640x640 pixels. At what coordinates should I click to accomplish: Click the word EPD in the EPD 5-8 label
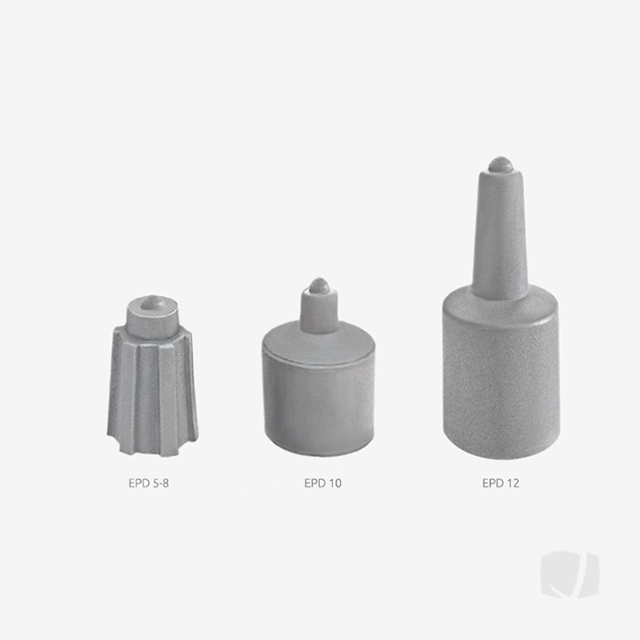(x=138, y=483)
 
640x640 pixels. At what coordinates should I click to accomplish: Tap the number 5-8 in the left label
(x=159, y=483)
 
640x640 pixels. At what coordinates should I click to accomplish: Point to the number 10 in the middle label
(x=335, y=483)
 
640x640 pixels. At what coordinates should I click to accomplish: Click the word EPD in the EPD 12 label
(x=492, y=483)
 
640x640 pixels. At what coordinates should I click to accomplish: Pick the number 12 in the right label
(x=512, y=483)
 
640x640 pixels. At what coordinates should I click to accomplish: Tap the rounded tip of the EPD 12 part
(x=500, y=165)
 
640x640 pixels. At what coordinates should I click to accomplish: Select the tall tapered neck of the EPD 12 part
(x=500, y=233)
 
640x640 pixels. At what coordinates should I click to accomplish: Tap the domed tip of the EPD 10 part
(x=319, y=285)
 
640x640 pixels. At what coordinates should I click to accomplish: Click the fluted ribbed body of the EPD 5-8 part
(x=151, y=393)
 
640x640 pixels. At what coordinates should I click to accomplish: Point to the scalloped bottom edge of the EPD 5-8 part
(x=150, y=451)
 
